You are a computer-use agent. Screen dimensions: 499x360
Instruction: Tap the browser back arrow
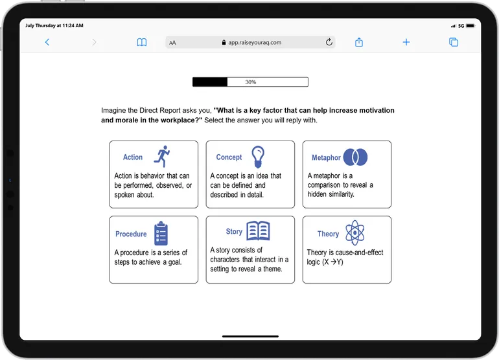pyautogui.click(x=47, y=42)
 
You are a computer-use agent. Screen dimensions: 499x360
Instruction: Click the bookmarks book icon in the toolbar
pyautogui.click(x=142, y=42)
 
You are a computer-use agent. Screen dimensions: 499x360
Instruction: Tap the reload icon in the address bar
pyautogui.click(x=329, y=41)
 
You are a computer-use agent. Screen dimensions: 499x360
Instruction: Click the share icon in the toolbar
pyautogui.click(x=359, y=42)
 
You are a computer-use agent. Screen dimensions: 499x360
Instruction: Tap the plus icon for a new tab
pyautogui.click(x=406, y=42)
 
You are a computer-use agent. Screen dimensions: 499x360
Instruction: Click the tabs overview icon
pyautogui.click(x=454, y=42)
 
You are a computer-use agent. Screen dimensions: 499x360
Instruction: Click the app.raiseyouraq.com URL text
pyautogui.click(x=255, y=42)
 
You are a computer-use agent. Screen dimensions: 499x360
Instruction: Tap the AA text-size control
pyautogui.click(x=172, y=43)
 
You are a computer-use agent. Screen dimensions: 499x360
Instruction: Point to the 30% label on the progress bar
pyautogui.click(x=250, y=82)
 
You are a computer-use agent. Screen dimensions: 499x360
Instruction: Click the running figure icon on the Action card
pyautogui.click(x=162, y=156)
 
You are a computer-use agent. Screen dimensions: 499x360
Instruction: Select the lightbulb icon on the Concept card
pyautogui.click(x=258, y=157)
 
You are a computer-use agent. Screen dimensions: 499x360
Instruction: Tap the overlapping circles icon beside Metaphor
pyautogui.click(x=355, y=157)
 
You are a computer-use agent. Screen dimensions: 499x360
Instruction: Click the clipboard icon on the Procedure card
pyautogui.click(x=161, y=234)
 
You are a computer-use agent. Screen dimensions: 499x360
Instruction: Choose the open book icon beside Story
pyautogui.click(x=258, y=231)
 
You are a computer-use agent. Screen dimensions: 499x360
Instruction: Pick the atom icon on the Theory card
pyautogui.click(x=355, y=233)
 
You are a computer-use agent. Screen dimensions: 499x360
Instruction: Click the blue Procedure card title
pyautogui.click(x=131, y=234)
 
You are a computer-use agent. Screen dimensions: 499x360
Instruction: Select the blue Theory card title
pyautogui.click(x=328, y=234)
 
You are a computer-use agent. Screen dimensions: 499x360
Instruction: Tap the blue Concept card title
pyautogui.click(x=229, y=157)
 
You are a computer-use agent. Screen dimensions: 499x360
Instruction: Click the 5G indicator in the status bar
pyautogui.click(x=461, y=26)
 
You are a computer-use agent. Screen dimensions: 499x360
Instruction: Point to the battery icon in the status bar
pyautogui.click(x=470, y=26)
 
